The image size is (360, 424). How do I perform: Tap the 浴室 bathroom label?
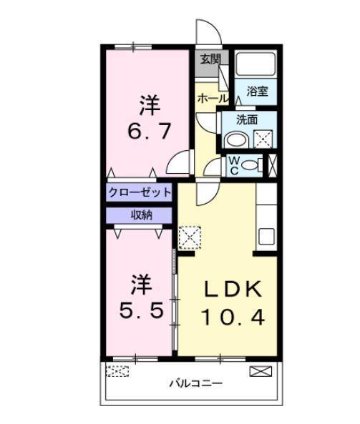257,91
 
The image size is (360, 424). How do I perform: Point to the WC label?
233,165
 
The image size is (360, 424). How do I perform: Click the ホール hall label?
212,98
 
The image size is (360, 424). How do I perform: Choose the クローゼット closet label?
140,192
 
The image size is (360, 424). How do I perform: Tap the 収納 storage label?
140,215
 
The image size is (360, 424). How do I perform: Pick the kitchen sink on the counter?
266,236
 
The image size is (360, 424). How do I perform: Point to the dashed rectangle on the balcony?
118,371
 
